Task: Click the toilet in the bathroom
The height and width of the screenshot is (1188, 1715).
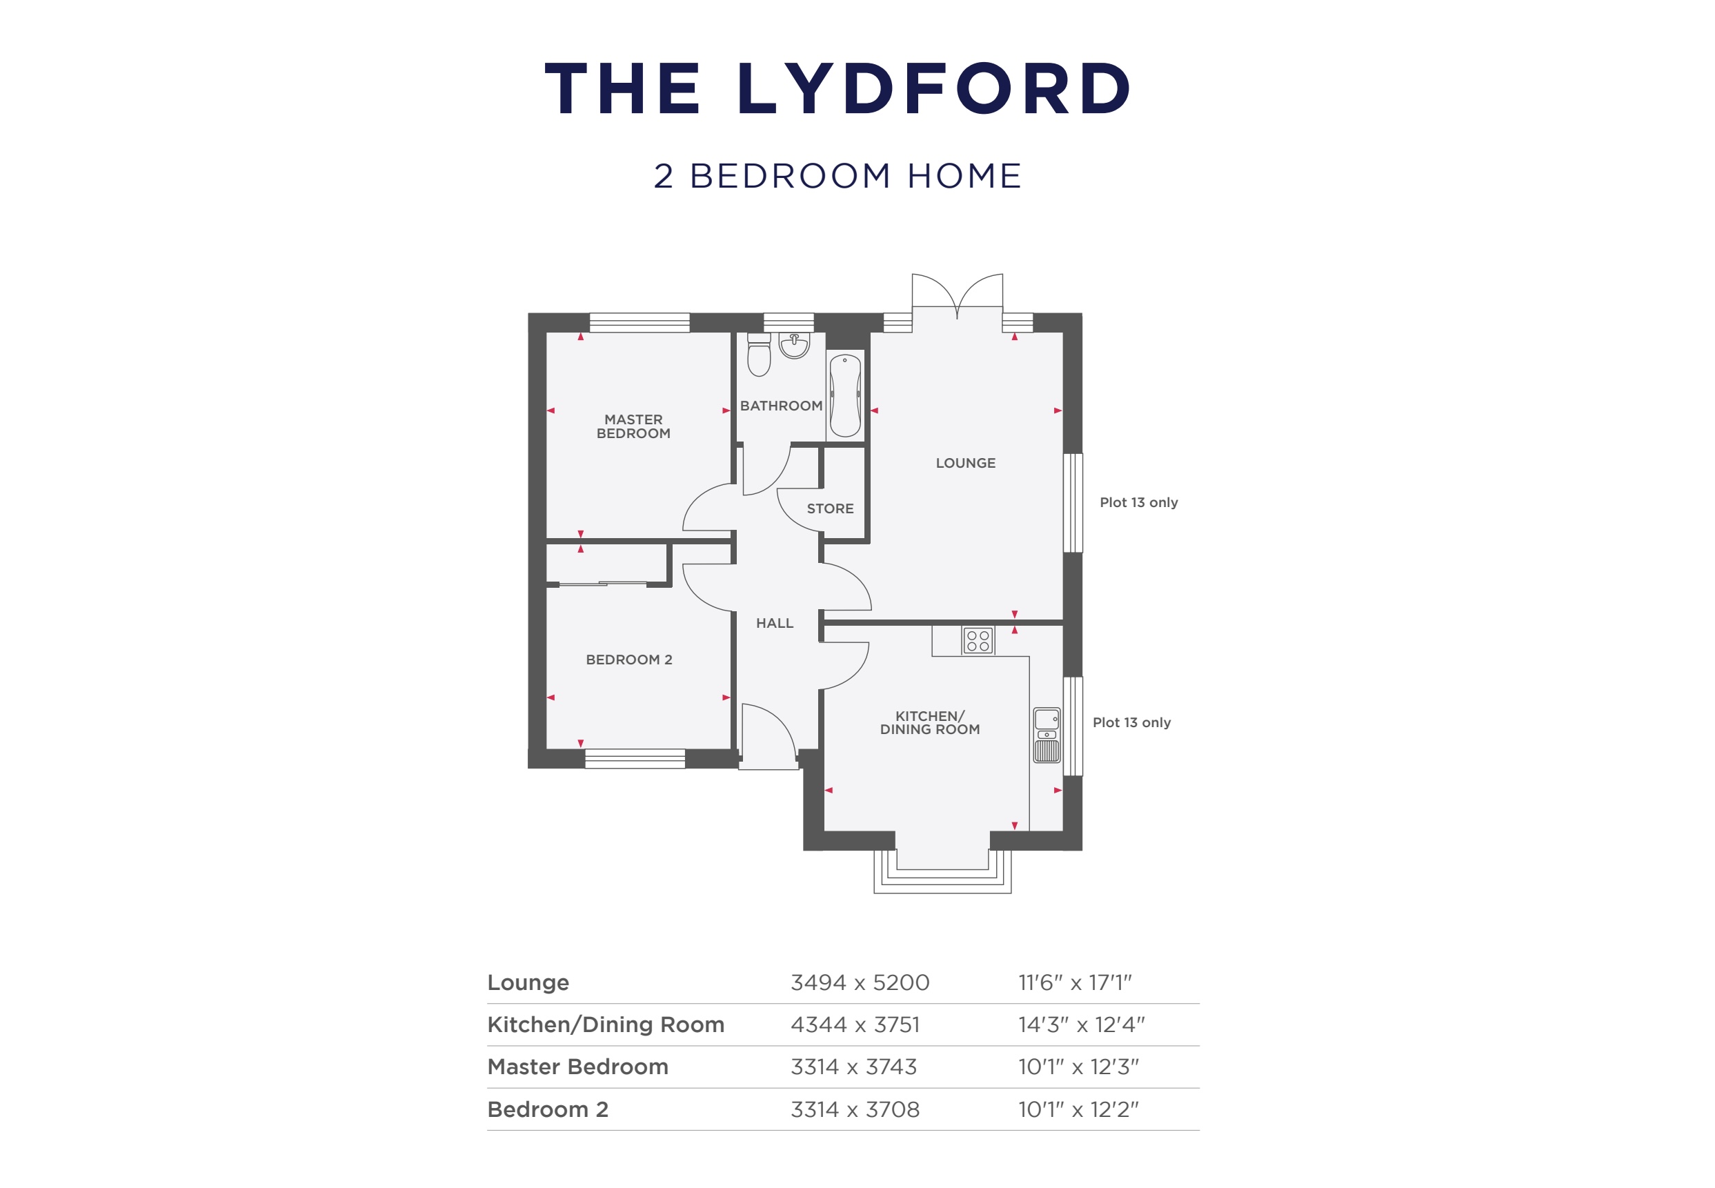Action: tap(758, 355)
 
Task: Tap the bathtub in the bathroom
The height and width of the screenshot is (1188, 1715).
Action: tap(845, 395)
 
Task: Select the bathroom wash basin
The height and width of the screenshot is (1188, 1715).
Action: tap(794, 346)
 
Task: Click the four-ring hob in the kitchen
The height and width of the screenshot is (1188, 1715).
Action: tap(978, 640)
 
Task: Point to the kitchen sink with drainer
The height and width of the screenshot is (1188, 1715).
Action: tap(1047, 735)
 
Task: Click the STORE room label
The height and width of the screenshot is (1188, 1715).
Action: tap(830, 508)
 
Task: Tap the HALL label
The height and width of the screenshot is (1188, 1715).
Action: tap(774, 623)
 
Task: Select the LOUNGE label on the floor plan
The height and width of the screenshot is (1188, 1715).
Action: tap(964, 463)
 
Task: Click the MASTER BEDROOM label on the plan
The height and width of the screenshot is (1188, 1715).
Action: tap(633, 426)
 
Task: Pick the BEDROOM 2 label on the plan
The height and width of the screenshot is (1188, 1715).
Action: tap(628, 660)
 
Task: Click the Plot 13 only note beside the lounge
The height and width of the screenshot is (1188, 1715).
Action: tap(1138, 502)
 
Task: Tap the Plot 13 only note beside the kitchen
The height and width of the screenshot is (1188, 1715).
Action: tap(1131, 722)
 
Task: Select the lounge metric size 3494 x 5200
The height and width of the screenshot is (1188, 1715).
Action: tap(859, 982)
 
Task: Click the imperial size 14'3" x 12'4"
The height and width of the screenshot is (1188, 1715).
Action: tap(1081, 1025)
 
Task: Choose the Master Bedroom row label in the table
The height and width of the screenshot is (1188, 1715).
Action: tap(577, 1067)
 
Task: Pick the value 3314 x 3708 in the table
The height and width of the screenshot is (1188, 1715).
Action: tap(855, 1109)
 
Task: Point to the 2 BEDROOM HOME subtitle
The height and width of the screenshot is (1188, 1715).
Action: tap(837, 177)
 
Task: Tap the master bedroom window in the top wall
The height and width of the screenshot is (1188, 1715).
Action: tap(640, 322)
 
